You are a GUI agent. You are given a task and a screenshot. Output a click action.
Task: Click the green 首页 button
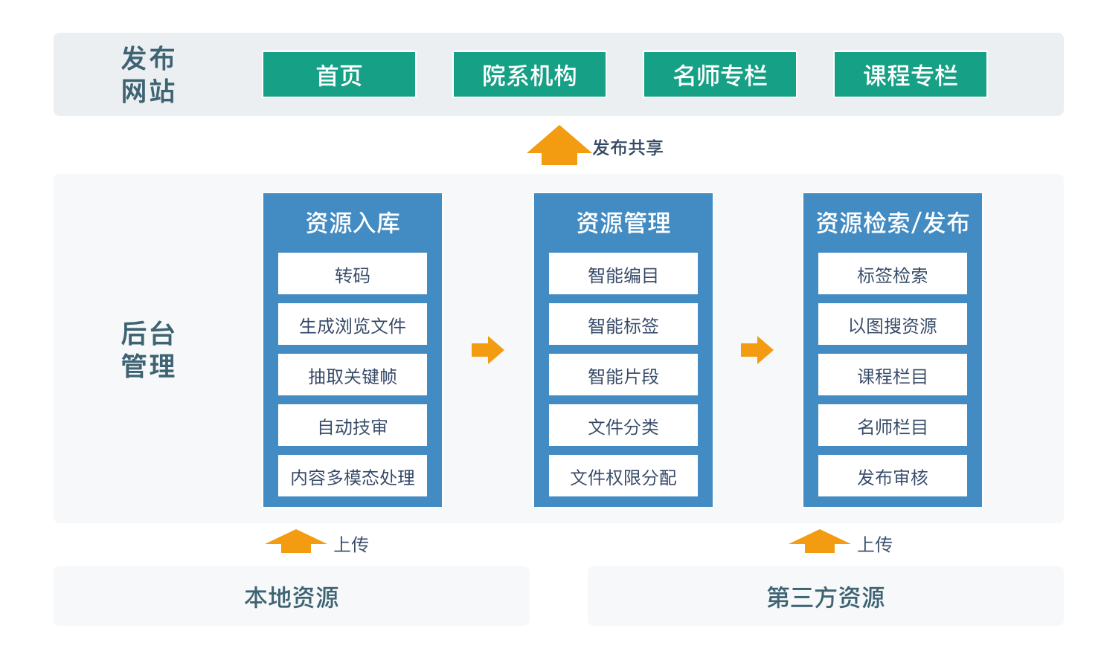tap(339, 74)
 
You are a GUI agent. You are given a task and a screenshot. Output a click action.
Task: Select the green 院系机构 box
tap(530, 74)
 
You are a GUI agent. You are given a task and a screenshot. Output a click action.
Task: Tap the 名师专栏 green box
tap(720, 74)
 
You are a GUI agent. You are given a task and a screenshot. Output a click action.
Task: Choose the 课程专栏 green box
tap(911, 74)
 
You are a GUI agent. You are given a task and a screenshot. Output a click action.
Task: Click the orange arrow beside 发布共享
tap(559, 146)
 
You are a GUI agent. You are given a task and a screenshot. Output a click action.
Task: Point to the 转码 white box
tap(353, 273)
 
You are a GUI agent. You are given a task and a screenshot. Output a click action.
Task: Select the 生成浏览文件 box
tap(353, 324)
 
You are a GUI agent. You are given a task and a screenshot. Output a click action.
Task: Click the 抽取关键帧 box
tap(353, 375)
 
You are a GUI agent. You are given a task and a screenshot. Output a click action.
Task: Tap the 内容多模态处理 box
tap(353, 476)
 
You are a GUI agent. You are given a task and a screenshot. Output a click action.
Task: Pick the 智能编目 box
tap(623, 273)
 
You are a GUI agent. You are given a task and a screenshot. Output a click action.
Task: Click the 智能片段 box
tap(623, 375)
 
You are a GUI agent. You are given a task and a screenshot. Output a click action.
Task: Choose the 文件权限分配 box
tap(623, 476)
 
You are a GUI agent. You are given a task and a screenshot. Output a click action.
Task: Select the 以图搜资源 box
tap(893, 324)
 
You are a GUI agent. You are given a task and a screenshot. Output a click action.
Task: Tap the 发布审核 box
tap(893, 476)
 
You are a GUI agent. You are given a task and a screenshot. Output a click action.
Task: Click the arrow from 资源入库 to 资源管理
tap(487, 350)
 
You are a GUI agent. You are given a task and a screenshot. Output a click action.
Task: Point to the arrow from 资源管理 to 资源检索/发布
tap(757, 350)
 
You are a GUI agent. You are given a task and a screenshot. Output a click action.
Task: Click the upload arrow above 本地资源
tap(296, 541)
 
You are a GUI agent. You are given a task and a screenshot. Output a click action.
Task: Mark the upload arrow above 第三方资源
tap(819, 541)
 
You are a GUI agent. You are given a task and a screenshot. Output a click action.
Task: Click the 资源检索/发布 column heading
tap(893, 223)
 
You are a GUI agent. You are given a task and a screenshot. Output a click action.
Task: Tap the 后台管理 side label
tap(148, 349)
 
